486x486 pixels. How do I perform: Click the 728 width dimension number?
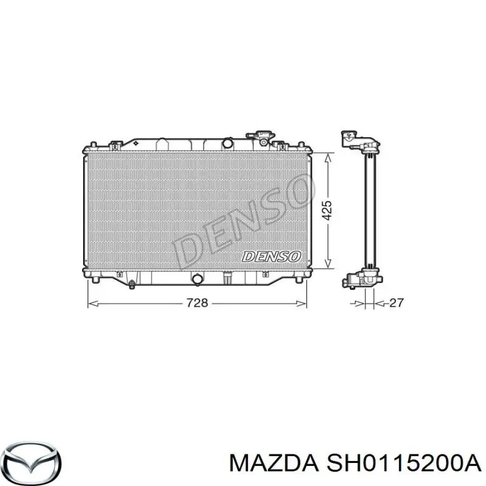pos(197,302)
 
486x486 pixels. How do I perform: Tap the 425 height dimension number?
pos(327,210)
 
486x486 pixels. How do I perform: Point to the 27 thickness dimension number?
pos(395,302)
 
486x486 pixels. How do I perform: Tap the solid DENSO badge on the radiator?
pos(270,256)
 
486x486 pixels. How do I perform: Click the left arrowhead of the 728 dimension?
pos(91,302)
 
